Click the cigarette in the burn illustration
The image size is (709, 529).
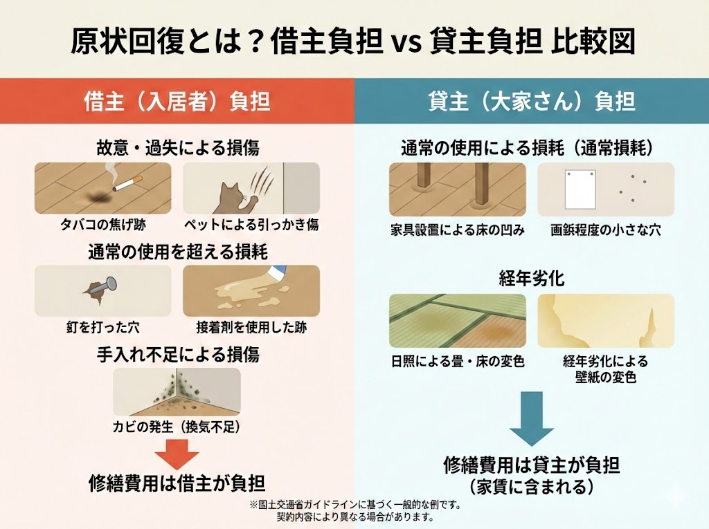point(127,184)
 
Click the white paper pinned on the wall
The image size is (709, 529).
point(580,189)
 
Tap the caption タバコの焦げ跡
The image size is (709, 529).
point(103,225)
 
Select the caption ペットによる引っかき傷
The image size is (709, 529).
point(251,225)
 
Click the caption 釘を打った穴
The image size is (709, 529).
point(102,327)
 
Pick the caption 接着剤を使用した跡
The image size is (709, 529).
point(251,327)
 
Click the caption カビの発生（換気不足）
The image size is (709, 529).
point(177,427)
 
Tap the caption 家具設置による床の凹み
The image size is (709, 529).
point(458,230)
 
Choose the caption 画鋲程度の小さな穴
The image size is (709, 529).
point(606,230)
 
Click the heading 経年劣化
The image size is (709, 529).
point(532,278)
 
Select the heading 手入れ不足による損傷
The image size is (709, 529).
point(178,355)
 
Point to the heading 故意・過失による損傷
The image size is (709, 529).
point(178,148)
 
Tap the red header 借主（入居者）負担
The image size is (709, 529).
point(177,101)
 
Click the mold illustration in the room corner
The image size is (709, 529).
point(177,391)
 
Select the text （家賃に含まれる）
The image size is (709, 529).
point(531,487)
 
